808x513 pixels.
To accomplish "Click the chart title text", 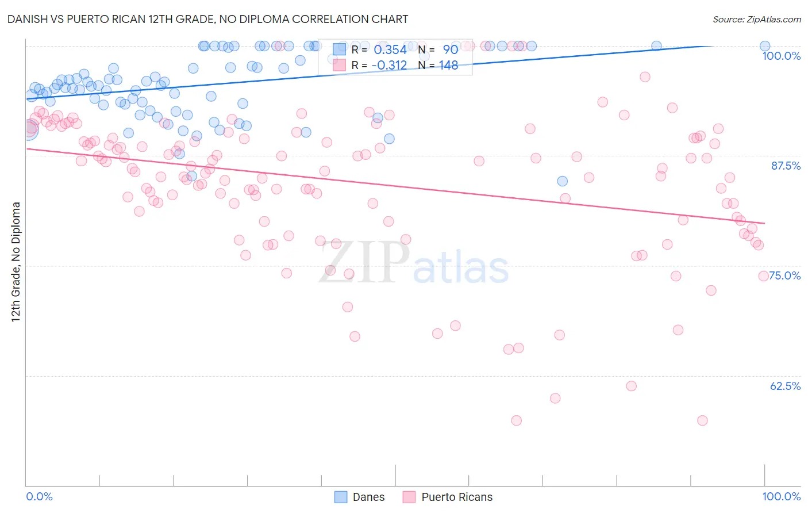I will pyautogui.click(x=207, y=19).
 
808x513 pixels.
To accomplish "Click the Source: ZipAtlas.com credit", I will pyautogui.click(x=756, y=19).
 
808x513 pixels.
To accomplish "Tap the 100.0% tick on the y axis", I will pyautogui.click(x=781, y=56).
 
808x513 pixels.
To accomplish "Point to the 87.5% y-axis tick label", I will pyautogui.click(x=786, y=166).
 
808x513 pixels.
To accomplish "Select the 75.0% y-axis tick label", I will pyautogui.click(x=784, y=275).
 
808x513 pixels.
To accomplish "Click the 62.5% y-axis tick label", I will pyautogui.click(x=785, y=386).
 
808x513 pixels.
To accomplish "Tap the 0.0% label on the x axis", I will pyautogui.click(x=39, y=496).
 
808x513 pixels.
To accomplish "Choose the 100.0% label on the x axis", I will pyautogui.click(x=781, y=496).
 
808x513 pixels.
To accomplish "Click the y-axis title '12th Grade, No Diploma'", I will pyautogui.click(x=16, y=262).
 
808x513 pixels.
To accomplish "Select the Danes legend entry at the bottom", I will pyautogui.click(x=368, y=497).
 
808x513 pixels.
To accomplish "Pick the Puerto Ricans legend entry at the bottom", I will pyautogui.click(x=457, y=497).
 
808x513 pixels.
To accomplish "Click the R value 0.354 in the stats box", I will pyautogui.click(x=390, y=50).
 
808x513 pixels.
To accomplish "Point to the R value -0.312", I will pyautogui.click(x=389, y=66).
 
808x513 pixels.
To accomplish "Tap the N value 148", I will pyautogui.click(x=448, y=66).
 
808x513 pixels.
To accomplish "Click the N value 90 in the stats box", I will pyautogui.click(x=450, y=50).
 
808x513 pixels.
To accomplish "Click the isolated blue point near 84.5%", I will pyautogui.click(x=562, y=181).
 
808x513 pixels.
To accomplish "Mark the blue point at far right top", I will pyautogui.click(x=764, y=46).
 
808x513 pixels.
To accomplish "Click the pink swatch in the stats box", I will pyautogui.click(x=340, y=65).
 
